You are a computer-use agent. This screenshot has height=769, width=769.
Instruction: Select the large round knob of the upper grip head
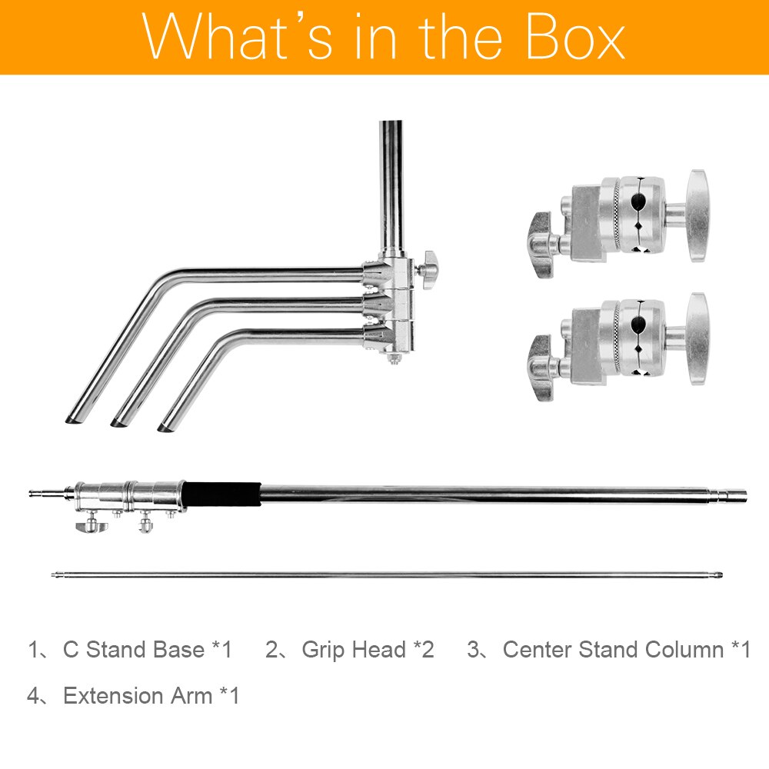coord(697,216)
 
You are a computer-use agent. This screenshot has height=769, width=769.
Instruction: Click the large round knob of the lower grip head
coord(697,339)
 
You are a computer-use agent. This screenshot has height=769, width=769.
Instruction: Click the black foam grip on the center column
coord(222,494)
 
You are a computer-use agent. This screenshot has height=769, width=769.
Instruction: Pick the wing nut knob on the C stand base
coord(428,269)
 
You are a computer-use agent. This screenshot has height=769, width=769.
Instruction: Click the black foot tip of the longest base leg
coord(74,419)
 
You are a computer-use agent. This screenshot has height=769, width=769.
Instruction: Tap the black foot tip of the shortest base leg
coord(166,428)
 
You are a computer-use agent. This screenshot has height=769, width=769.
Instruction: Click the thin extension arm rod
coord(387,574)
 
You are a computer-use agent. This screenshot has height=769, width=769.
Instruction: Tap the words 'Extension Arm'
coord(138,695)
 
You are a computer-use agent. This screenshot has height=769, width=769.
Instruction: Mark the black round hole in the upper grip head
coord(638,200)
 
